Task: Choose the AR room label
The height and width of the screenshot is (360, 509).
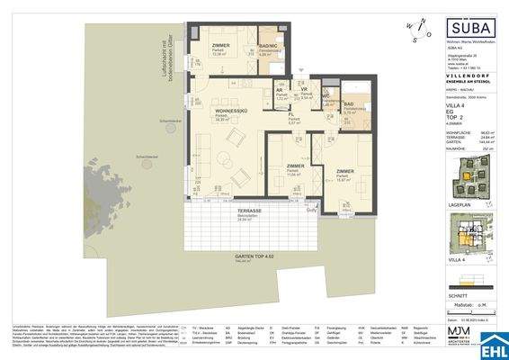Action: (x=280, y=91)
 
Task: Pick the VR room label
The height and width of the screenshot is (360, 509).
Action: (x=304, y=90)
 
